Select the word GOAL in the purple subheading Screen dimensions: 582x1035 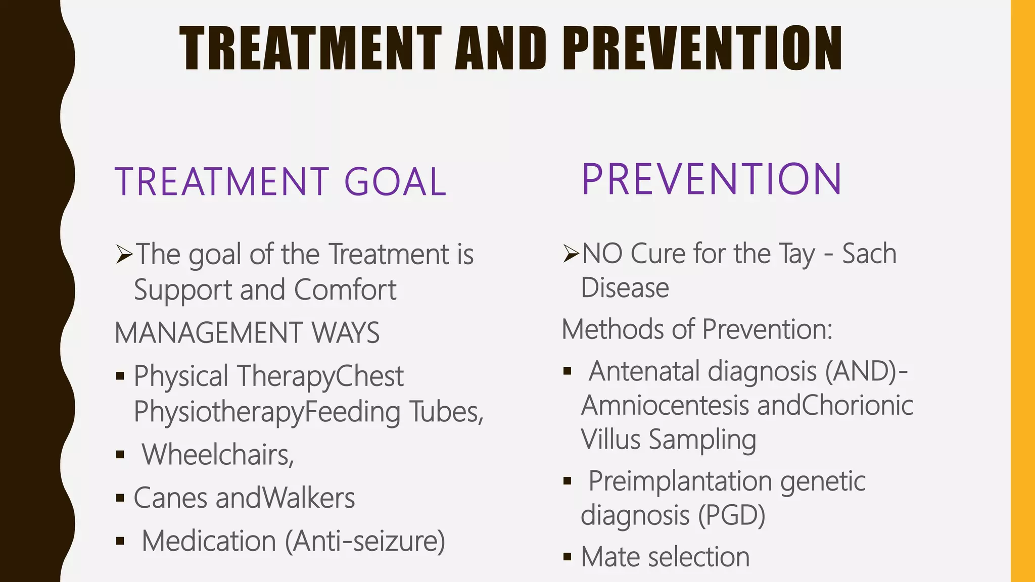[395, 181]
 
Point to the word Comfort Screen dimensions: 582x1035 [345, 290]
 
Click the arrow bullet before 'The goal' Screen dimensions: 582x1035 [124, 254]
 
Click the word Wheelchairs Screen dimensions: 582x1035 [217, 454]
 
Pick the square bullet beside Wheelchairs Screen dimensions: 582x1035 [120, 455]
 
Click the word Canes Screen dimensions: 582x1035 [170, 498]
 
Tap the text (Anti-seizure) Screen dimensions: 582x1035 [365, 541]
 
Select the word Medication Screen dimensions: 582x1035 [209, 541]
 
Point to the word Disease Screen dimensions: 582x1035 [625, 288]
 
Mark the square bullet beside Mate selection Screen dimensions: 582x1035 [567, 557]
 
